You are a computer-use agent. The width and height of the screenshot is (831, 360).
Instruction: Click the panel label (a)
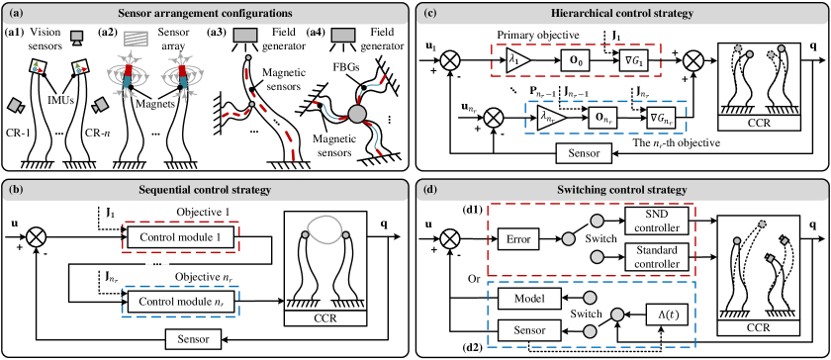(16, 14)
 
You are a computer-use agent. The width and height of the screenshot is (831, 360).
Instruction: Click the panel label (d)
(430, 189)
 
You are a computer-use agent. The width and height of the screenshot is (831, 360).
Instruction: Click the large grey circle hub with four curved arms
(357, 114)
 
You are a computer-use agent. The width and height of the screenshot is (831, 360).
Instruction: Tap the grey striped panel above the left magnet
(137, 38)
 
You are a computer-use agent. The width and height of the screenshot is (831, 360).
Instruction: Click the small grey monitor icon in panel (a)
(77, 38)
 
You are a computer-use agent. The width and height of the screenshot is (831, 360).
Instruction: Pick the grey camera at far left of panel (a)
(16, 104)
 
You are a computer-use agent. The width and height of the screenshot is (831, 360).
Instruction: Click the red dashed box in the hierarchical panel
(576, 59)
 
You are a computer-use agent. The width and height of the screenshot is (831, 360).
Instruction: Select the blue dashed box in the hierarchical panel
(604, 117)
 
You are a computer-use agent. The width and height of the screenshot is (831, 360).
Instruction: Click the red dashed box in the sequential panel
(180, 236)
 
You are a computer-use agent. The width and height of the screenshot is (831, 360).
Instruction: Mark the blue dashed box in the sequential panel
(180, 301)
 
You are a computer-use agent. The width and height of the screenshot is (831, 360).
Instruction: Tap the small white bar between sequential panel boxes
(157, 262)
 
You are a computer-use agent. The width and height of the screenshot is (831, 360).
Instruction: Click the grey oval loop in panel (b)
(325, 229)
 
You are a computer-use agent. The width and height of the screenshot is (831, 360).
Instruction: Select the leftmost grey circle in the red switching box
(568, 238)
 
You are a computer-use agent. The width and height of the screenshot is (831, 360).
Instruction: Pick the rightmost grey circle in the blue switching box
(617, 315)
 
